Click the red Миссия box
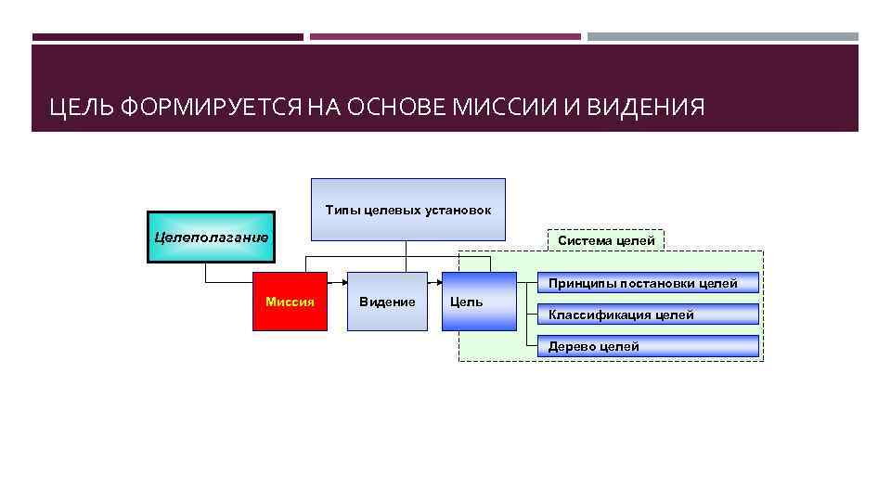(291, 302)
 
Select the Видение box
(387, 302)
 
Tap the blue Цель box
(478, 302)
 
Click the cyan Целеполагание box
(211, 238)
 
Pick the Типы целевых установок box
(408, 210)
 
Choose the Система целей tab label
(606, 240)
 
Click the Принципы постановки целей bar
(648, 283)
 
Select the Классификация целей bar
(648, 315)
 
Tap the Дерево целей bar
(648, 346)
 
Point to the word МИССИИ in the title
(515, 109)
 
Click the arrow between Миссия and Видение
(338, 281)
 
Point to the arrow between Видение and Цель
(434, 281)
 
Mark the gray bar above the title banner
(723, 37)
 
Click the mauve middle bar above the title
(445, 37)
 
